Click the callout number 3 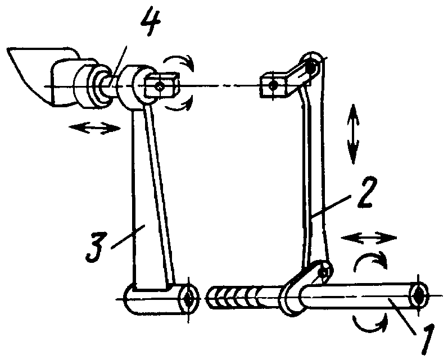click(94, 247)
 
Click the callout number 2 click(366, 193)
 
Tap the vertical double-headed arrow click(354, 134)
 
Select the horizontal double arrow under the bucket click(95, 128)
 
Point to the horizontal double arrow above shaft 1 click(369, 238)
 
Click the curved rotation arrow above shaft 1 click(370, 258)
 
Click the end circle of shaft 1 click(419, 294)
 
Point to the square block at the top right click(274, 85)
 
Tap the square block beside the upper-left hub click(162, 85)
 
